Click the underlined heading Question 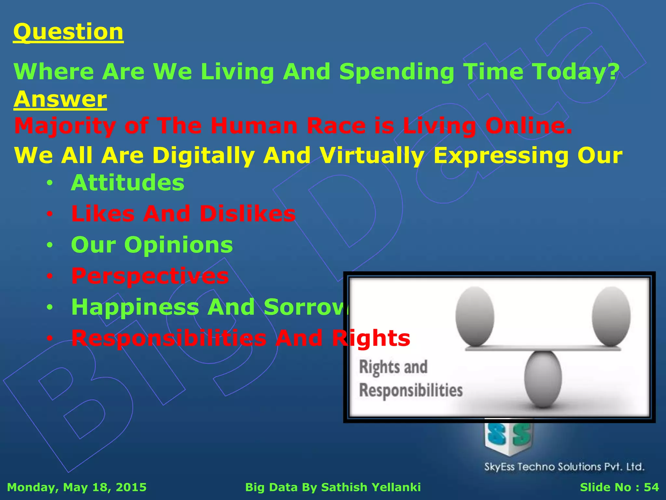[x=68, y=32]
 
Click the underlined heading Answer [x=60, y=99]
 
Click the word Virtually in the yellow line [x=372, y=155]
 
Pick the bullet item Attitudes [x=127, y=183]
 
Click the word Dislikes [x=247, y=214]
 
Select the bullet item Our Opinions [x=152, y=245]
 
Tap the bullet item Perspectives [x=150, y=276]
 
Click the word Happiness [x=135, y=307]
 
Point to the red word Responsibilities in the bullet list [x=169, y=338]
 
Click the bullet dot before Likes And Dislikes [x=49, y=214]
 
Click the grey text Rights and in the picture [x=393, y=367]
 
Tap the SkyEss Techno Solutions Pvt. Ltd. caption [x=564, y=467]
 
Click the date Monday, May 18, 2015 [x=77, y=487]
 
